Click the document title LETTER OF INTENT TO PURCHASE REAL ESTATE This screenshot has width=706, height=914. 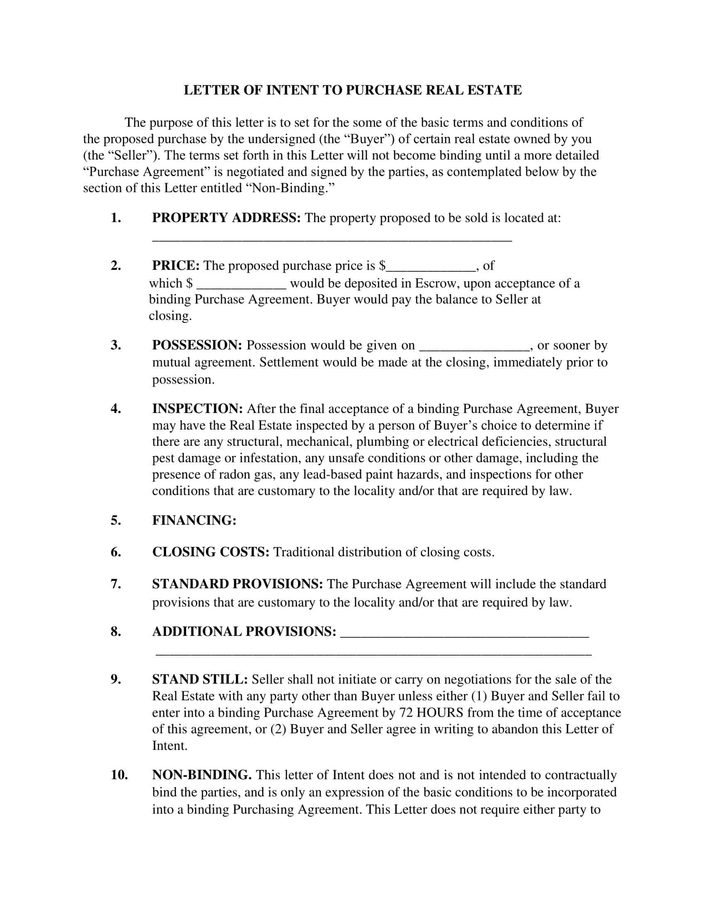353,91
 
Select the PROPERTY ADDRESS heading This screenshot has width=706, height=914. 226,218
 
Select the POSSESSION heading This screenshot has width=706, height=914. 197,345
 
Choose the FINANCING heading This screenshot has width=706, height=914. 194,521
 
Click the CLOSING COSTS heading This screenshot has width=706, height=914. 211,553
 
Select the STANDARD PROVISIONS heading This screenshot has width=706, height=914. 237,584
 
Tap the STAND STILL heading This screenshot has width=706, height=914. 200,679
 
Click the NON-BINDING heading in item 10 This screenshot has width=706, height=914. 201,775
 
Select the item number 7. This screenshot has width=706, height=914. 116,584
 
